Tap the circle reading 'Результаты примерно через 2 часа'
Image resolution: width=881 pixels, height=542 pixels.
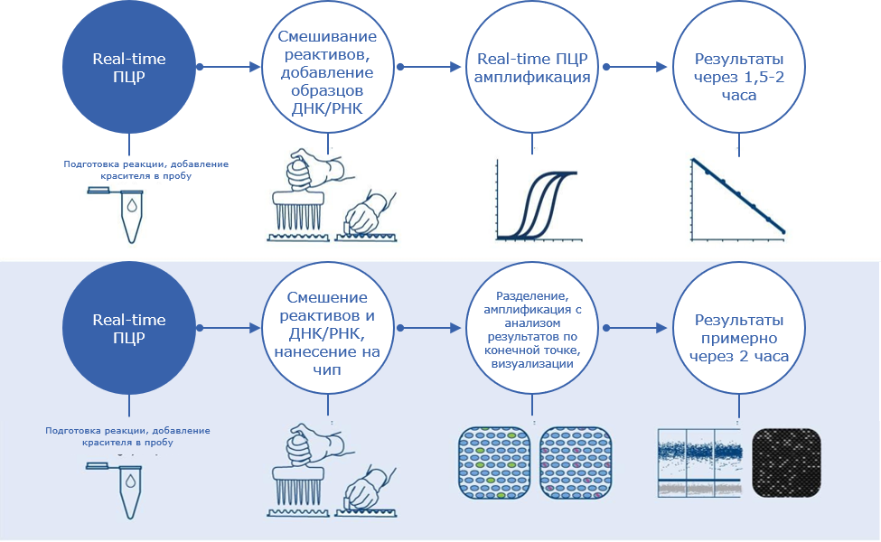[738, 337]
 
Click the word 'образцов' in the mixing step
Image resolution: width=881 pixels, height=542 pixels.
[328, 92]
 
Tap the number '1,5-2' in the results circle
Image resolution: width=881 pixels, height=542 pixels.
[762, 78]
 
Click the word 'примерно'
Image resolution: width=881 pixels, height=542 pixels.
[738, 338]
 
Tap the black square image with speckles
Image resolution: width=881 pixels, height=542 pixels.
[786, 461]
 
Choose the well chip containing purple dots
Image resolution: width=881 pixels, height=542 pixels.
[575, 462]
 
